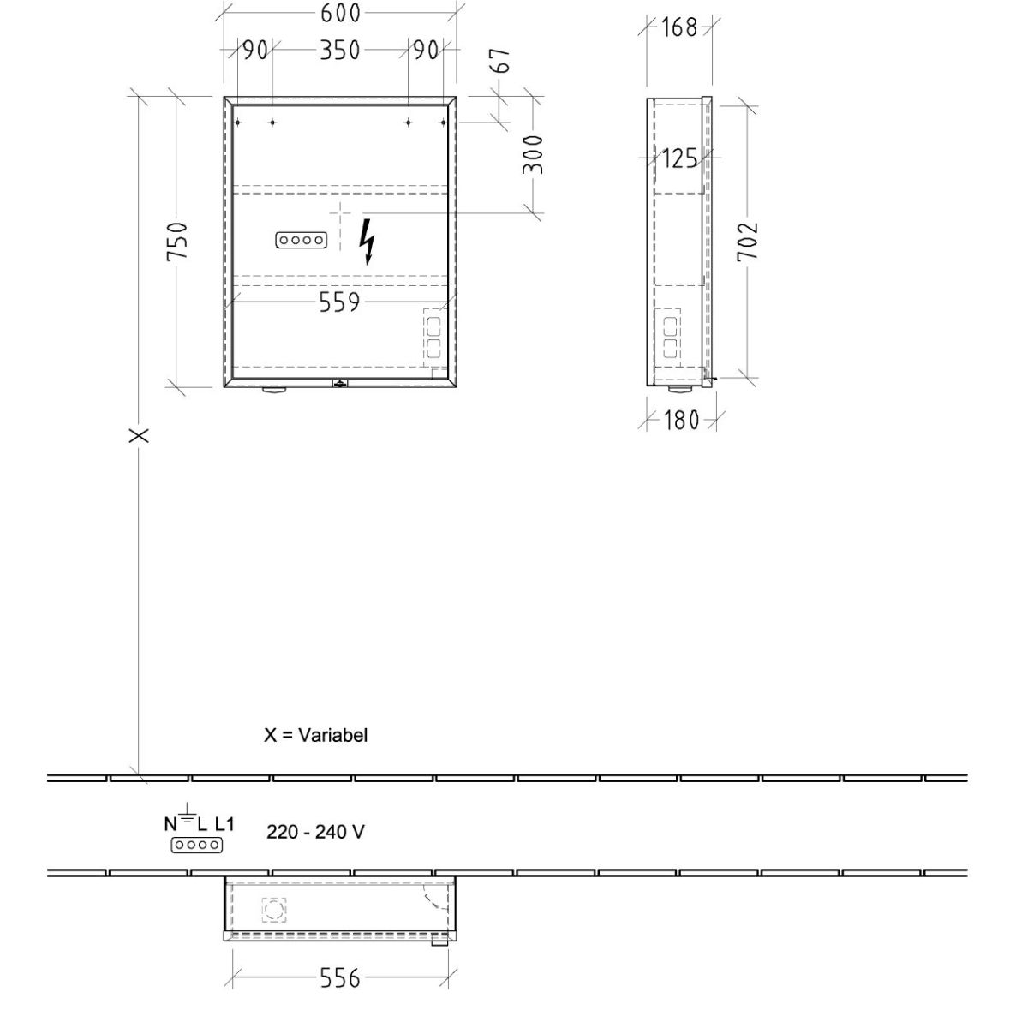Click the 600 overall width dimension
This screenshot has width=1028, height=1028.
click(x=340, y=13)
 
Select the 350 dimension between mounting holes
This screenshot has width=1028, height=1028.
click(x=340, y=51)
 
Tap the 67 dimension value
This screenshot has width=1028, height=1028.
click(x=502, y=60)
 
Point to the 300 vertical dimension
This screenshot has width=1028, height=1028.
click(x=532, y=155)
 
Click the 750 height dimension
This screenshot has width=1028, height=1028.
click(x=177, y=242)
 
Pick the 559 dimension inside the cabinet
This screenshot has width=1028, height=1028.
click(x=339, y=302)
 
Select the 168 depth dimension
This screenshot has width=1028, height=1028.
click(x=678, y=27)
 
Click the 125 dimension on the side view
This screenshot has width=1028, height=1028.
click(x=679, y=158)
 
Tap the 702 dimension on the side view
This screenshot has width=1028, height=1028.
click(x=747, y=242)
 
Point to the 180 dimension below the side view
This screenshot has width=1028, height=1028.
click(x=681, y=421)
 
